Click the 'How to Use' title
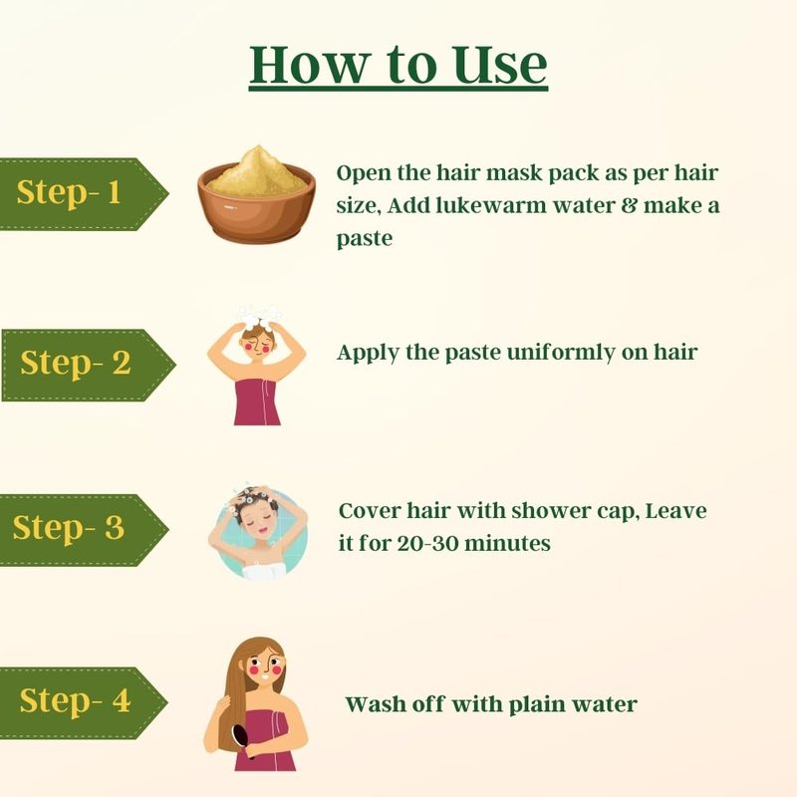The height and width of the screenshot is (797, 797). pyautogui.click(x=398, y=65)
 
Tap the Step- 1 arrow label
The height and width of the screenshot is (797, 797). pyautogui.click(x=84, y=193)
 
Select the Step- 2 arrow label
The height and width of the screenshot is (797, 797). pyautogui.click(x=89, y=365)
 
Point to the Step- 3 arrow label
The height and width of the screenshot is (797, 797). pyautogui.click(x=84, y=530)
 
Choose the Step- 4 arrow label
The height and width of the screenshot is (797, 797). pyautogui.click(x=84, y=702)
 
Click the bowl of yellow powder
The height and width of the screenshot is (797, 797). pyautogui.click(x=257, y=194)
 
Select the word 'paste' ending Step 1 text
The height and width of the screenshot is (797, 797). pyautogui.click(x=365, y=239)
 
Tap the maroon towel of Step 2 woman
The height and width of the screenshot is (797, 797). pyautogui.click(x=257, y=401)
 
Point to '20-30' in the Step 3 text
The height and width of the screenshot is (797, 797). pyautogui.click(x=427, y=544)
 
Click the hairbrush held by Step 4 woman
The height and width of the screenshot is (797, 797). pyautogui.click(x=242, y=741)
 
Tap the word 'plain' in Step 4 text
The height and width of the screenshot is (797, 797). pyautogui.click(x=536, y=705)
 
